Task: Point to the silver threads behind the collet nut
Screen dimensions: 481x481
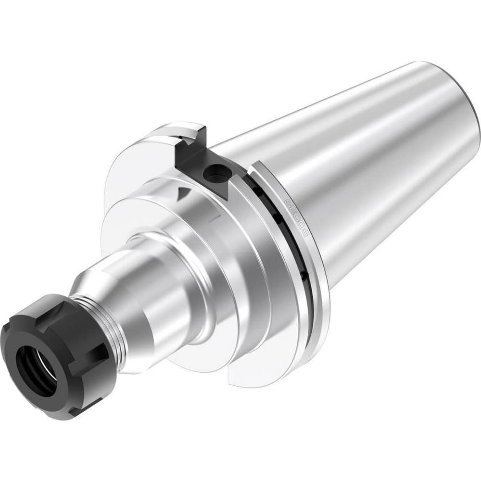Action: (114, 328)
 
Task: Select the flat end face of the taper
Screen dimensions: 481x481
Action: (476, 120)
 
